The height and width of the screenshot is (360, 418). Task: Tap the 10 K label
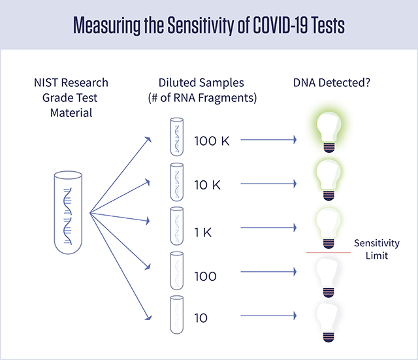coord(208,185)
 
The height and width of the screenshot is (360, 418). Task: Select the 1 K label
coord(205,231)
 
